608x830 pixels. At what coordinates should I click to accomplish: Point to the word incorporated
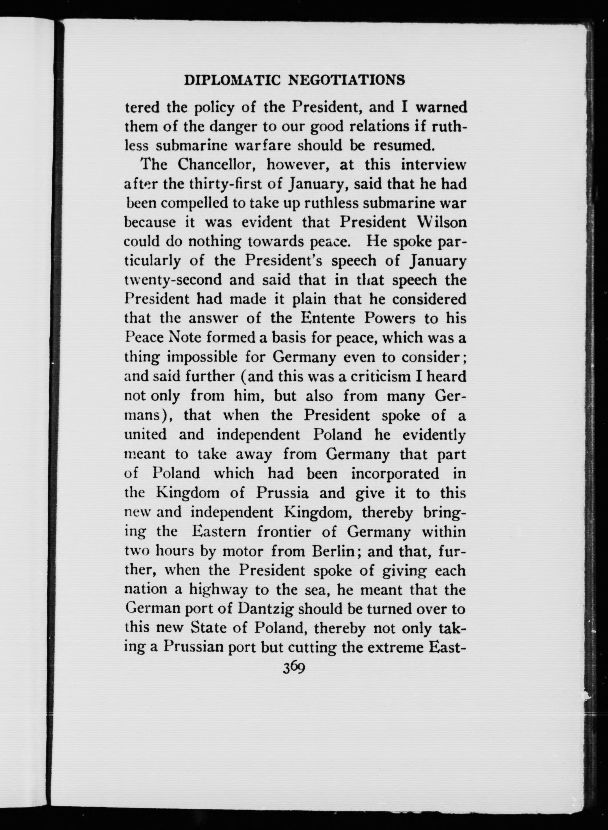(x=395, y=473)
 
